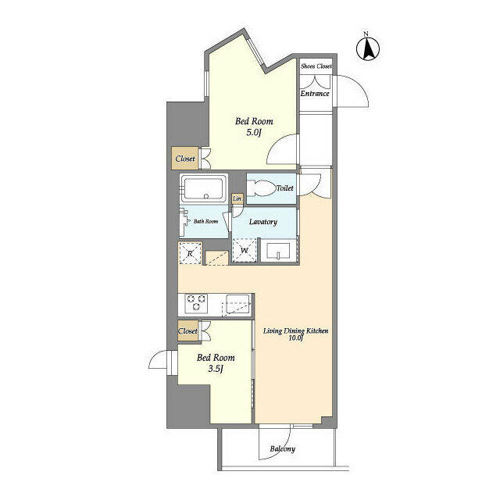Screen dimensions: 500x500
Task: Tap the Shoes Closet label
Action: click(x=316, y=66)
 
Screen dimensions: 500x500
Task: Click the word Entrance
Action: click(x=316, y=95)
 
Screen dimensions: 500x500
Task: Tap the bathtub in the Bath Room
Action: click(x=203, y=189)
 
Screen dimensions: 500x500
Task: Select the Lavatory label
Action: click(x=263, y=222)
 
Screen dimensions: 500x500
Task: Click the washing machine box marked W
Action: click(x=245, y=251)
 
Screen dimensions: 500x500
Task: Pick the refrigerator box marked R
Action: click(x=189, y=253)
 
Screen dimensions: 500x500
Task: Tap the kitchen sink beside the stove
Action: click(x=237, y=304)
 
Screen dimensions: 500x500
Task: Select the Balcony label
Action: click(x=282, y=449)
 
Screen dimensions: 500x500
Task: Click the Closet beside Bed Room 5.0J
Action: click(x=186, y=159)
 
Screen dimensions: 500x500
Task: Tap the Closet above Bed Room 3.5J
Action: click(x=188, y=331)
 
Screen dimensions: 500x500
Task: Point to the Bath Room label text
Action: click(x=206, y=221)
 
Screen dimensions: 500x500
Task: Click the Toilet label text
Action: click(x=285, y=188)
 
